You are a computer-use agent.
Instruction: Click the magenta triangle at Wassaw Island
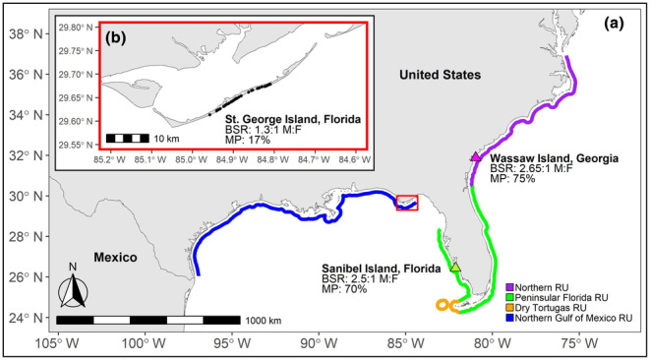[x=476, y=156]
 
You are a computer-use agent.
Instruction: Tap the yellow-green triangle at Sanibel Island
[x=454, y=266]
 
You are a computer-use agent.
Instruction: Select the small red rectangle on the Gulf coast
[x=406, y=203]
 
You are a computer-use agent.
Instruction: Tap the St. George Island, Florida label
[x=292, y=119]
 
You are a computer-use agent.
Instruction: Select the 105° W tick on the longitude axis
[x=59, y=345]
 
